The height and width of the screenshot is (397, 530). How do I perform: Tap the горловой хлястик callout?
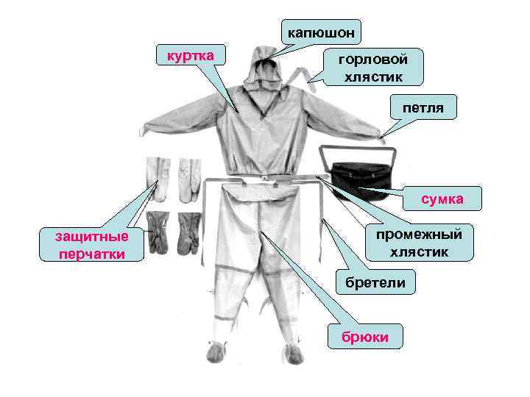[373, 67]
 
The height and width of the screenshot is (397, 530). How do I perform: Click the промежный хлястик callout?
[418, 243]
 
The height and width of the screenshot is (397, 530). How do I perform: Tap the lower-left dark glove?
[158, 232]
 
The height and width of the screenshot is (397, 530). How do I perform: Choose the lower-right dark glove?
[188, 232]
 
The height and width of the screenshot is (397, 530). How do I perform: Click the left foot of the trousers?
[216, 352]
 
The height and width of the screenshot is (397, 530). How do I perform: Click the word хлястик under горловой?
[373, 75]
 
